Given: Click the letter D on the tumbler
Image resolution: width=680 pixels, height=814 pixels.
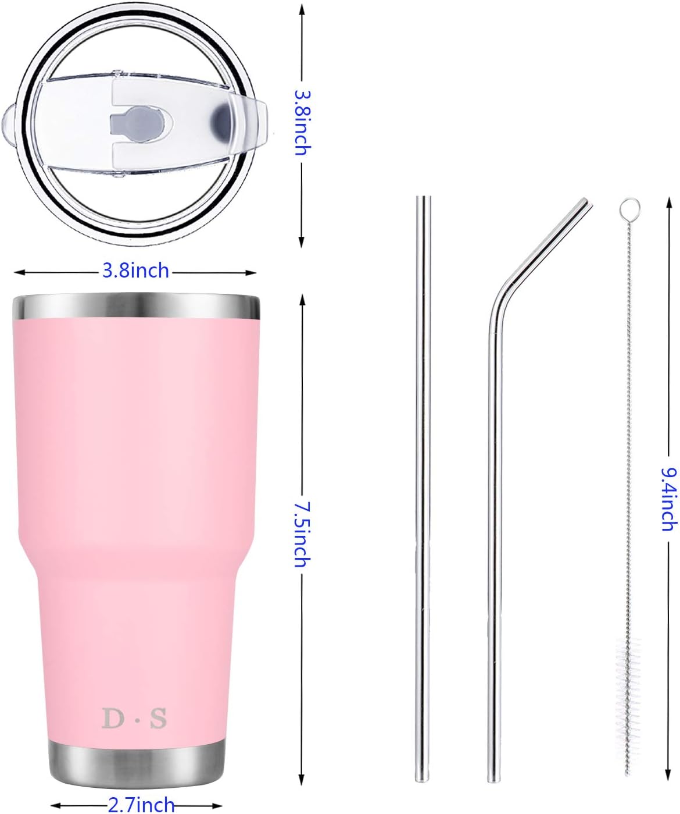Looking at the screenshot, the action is [113, 719].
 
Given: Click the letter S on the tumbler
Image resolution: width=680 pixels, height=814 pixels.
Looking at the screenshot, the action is [159, 719].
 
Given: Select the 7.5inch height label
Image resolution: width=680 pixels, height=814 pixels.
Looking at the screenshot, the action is [302, 535].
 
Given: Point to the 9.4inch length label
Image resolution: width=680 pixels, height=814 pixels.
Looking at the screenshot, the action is [670, 499].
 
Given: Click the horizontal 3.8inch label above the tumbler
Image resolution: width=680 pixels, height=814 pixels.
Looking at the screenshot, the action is [135, 271].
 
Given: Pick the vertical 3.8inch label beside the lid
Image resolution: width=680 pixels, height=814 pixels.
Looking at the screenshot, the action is [303, 123].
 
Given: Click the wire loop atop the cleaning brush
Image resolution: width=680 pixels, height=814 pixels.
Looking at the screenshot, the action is [630, 208].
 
